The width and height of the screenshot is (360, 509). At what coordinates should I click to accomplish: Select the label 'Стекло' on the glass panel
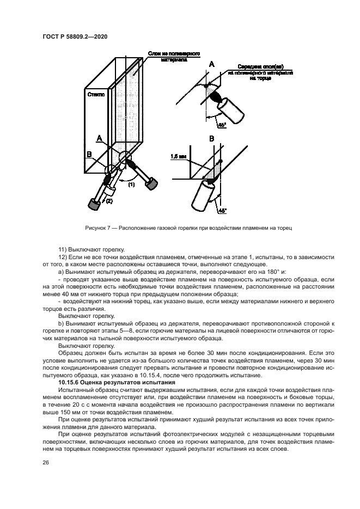click(x=96, y=94)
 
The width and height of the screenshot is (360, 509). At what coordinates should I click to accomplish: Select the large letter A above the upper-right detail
click(x=211, y=65)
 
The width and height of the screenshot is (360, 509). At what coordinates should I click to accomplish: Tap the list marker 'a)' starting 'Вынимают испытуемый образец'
click(x=61, y=271)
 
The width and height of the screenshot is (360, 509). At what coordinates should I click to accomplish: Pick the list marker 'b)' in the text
click(x=61, y=323)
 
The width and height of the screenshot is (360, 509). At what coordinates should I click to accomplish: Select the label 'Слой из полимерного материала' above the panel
click(x=173, y=57)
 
